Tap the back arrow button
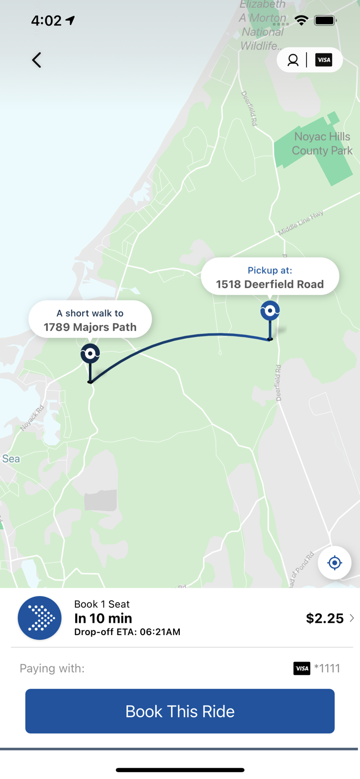click(36, 60)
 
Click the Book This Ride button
click(180, 711)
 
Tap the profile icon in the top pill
click(293, 60)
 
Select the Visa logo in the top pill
click(324, 60)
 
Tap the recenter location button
click(335, 562)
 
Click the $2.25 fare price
click(325, 618)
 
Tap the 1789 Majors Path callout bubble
click(90, 320)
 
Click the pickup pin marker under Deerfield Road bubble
click(270, 311)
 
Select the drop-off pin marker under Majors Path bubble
click(90, 354)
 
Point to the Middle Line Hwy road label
click(301, 223)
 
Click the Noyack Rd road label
click(32, 418)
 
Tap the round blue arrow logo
click(39, 618)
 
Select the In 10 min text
click(103, 618)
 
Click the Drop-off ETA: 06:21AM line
click(127, 632)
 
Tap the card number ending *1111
click(327, 668)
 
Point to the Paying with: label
click(52, 668)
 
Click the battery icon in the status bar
click(325, 21)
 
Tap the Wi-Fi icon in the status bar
click(301, 21)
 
